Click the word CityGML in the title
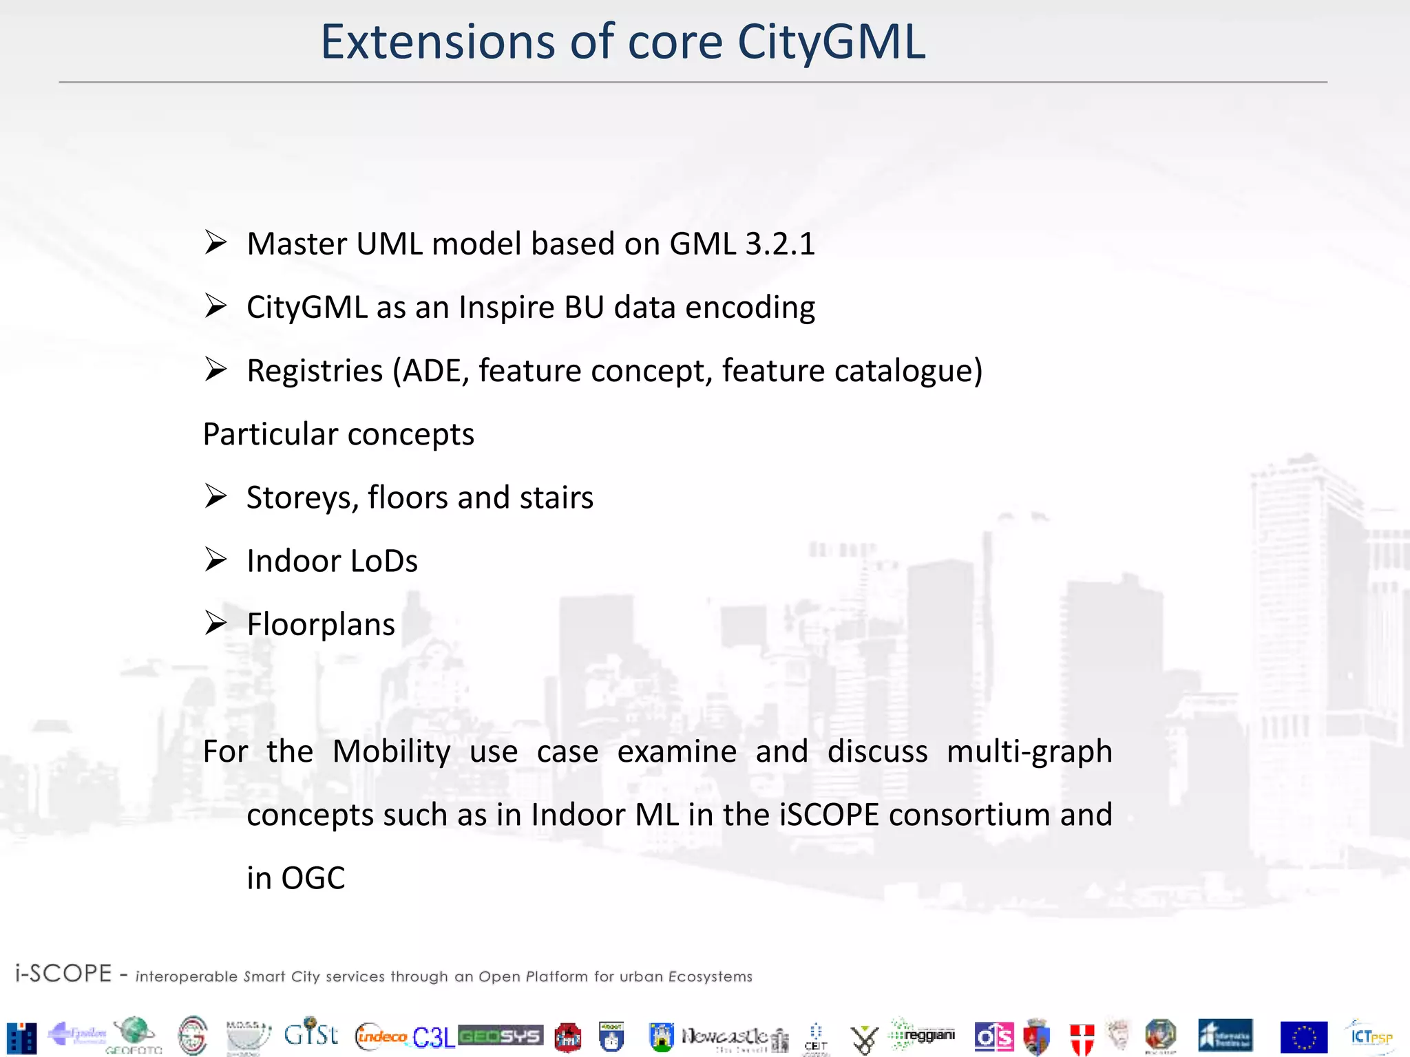pyautogui.click(x=831, y=43)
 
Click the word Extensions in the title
pyautogui.click(x=437, y=43)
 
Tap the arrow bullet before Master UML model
pyautogui.click(x=215, y=243)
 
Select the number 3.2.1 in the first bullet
pyautogui.click(x=780, y=244)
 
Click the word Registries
pyautogui.click(x=315, y=371)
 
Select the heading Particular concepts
pyautogui.click(x=338, y=434)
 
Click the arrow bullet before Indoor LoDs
pyautogui.click(x=215, y=560)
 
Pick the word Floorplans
pyautogui.click(x=321, y=625)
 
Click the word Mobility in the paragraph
pyautogui.click(x=391, y=751)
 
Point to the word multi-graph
pyautogui.click(x=1029, y=751)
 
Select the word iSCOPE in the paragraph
pyautogui.click(x=829, y=815)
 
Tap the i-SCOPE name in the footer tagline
pyautogui.click(x=63, y=974)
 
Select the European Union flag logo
pyautogui.click(x=1303, y=1037)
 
